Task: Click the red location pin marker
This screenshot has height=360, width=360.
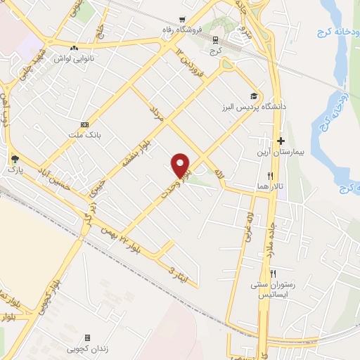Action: [x=181, y=165]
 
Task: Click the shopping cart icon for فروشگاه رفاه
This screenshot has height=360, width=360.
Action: [x=183, y=20]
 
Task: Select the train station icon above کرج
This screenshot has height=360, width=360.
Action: [x=215, y=41]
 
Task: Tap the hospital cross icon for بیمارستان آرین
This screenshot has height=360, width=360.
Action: [x=281, y=141]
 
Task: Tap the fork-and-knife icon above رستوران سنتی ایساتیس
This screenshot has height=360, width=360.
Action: [x=274, y=273]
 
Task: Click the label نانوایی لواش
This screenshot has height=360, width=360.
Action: [x=96, y=58]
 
